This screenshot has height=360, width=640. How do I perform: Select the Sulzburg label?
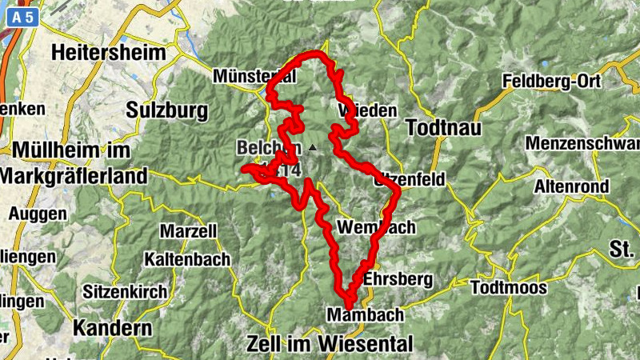coord(166,110)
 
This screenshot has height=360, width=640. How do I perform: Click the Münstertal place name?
coord(254,76)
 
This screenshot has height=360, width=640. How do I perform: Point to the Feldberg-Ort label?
coord(550,81)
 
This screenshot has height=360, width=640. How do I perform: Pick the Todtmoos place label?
coord(509,287)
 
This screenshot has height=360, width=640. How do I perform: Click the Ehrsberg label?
coord(398,279)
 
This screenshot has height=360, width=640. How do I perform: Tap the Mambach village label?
coord(366,315)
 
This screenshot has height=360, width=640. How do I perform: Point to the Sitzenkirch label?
coord(126,291)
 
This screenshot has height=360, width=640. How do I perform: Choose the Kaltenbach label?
coord(187,259)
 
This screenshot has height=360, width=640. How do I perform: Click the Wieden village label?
coord(368,110)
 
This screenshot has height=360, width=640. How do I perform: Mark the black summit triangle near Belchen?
coord(312,148)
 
